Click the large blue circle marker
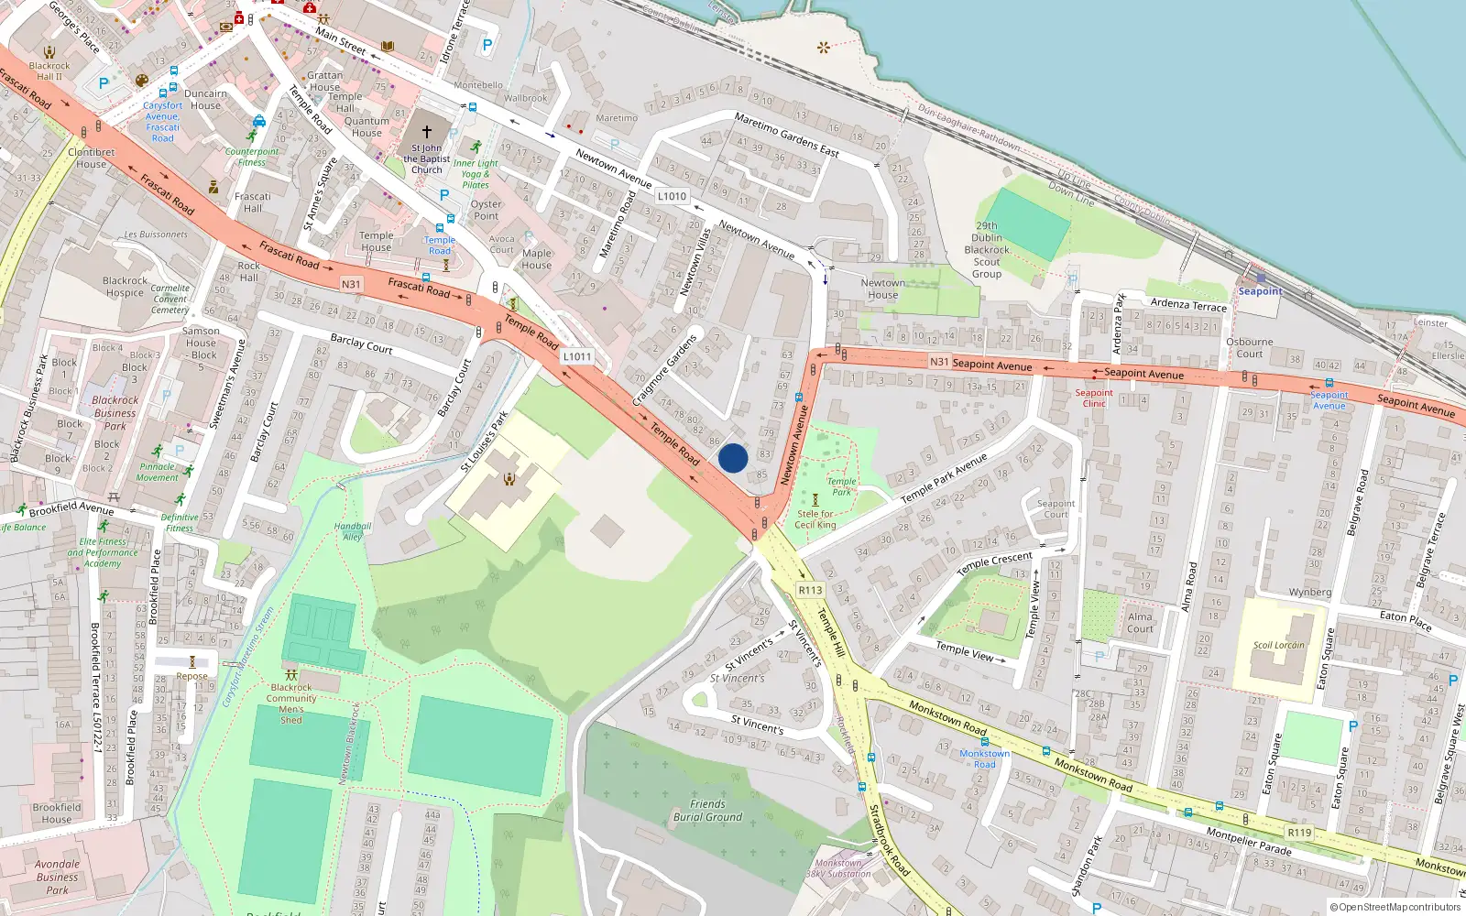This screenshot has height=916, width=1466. click(733, 458)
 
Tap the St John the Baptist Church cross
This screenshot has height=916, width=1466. click(426, 132)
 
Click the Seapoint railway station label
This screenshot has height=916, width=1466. click(1260, 291)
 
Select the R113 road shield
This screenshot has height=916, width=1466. click(810, 590)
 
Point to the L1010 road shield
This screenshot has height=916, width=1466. click(672, 196)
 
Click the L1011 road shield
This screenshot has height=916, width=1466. click(577, 356)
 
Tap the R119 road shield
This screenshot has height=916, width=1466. click(1299, 833)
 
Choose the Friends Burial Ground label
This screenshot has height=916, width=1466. click(707, 811)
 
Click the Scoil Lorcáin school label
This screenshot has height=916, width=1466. click(1278, 645)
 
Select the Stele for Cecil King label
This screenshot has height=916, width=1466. click(815, 519)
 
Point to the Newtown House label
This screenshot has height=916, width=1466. click(882, 289)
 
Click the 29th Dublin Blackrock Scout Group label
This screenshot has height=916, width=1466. click(987, 249)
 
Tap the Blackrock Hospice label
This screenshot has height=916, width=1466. click(125, 287)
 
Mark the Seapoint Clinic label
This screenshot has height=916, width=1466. click(1094, 398)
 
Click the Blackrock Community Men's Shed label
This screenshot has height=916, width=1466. click(291, 703)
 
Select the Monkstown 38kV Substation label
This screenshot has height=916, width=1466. click(838, 868)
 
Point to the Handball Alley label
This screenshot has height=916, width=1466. click(353, 531)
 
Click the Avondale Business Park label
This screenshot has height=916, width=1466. click(57, 877)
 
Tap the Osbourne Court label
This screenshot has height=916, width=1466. click(1250, 347)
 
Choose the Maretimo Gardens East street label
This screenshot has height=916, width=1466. click(786, 135)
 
